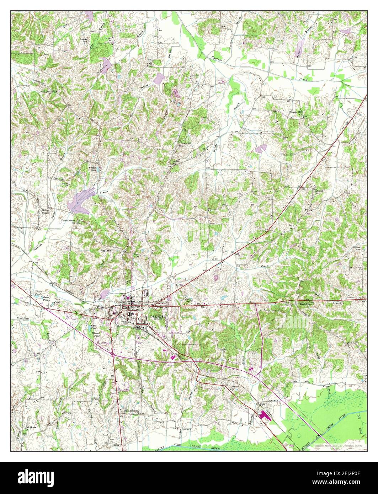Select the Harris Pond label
pos(38,292)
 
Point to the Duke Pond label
pos(57,301)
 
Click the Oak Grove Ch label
pos(31,428)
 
